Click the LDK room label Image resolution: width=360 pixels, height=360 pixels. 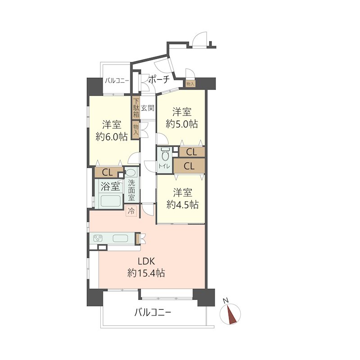point(146,261)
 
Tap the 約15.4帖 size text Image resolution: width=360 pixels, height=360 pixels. point(146,273)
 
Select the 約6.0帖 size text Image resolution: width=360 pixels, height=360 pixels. point(112,137)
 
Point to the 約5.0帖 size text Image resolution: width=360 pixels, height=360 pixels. point(182,124)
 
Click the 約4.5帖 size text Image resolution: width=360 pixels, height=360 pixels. point(182,205)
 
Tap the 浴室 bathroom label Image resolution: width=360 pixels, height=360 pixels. point(110,186)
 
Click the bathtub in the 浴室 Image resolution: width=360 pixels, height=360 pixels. point(111,201)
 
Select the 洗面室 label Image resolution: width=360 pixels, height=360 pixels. point(131,190)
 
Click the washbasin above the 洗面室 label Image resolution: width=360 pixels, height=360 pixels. point(131,173)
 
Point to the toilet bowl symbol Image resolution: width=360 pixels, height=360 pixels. point(165,155)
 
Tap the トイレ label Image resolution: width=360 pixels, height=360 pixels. point(164,166)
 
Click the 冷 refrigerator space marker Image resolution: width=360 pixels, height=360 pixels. point(131,211)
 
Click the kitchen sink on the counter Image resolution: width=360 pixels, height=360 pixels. point(120,238)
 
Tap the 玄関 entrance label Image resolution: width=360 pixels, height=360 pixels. point(148,108)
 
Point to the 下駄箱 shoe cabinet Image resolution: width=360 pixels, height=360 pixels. point(136,108)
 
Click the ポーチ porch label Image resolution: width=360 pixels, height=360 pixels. point(159,80)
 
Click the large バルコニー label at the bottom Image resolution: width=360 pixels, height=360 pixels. point(153,312)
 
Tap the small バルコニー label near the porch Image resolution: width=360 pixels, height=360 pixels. point(117,81)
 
